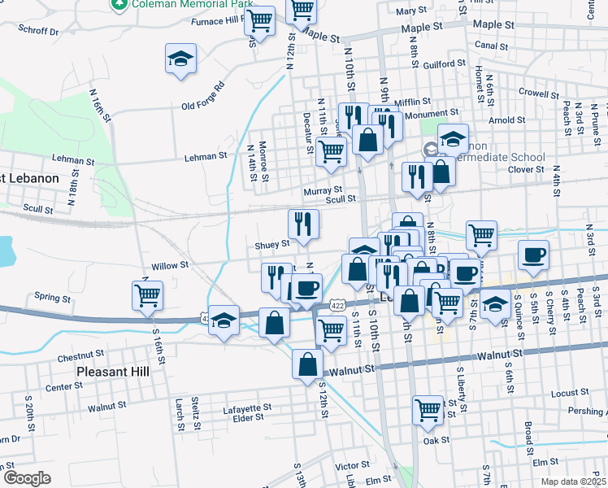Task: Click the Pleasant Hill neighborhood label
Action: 115,371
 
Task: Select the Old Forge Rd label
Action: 202,96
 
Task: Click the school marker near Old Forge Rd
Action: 180,59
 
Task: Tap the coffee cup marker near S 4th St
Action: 533,255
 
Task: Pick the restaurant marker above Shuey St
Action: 303,224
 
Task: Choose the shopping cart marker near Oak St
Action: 428,410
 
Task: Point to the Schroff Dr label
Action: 38,31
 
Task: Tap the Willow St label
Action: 170,265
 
